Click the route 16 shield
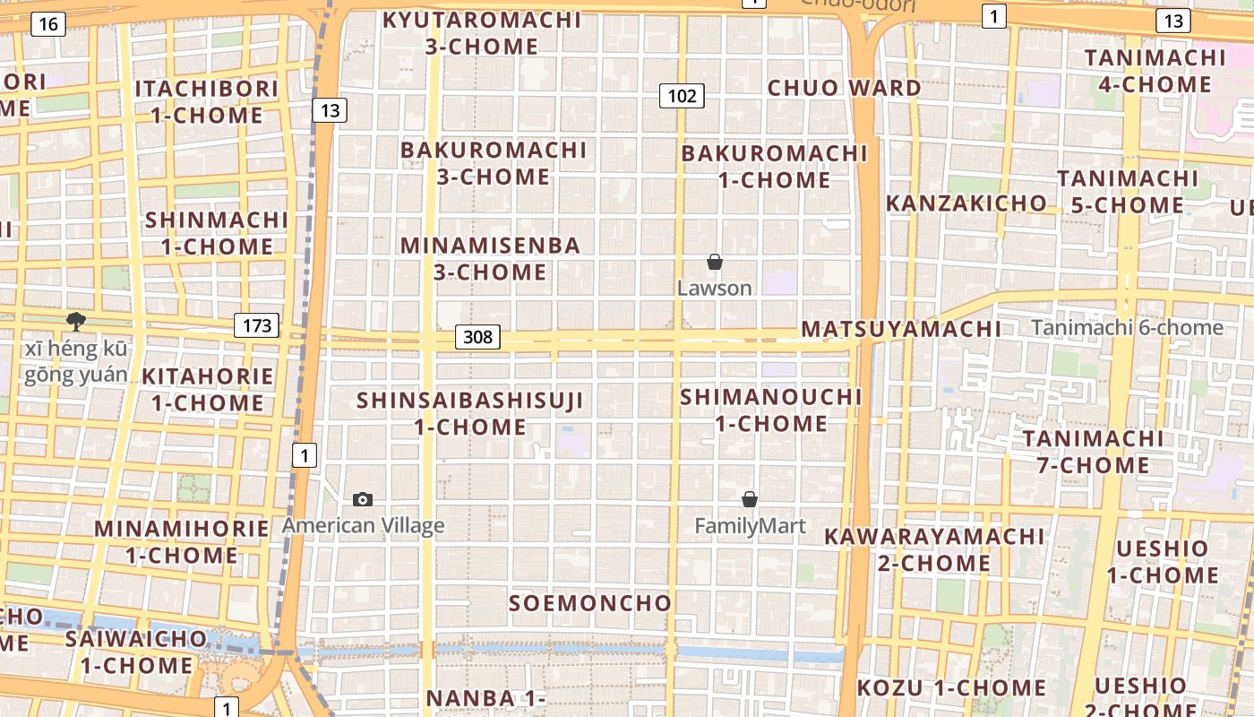click(x=48, y=24)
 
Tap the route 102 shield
click(x=682, y=95)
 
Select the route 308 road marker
click(x=478, y=336)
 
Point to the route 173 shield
click(x=257, y=324)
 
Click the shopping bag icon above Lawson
click(x=715, y=262)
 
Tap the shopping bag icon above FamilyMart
click(x=750, y=499)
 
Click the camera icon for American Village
click(x=363, y=499)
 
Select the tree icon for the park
click(x=76, y=321)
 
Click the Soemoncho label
click(x=590, y=603)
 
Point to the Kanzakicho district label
click(x=966, y=203)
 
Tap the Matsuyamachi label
click(x=901, y=329)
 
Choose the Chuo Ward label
click(x=844, y=88)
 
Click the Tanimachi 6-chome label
click(x=1127, y=328)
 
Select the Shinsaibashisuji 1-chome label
click(x=470, y=413)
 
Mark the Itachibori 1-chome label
click(x=207, y=102)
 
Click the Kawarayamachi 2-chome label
click(x=934, y=549)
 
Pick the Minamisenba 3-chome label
click(x=490, y=258)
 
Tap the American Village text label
click(x=364, y=525)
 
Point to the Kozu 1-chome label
click(x=952, y=688)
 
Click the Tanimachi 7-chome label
click(x=1093, y=452)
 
